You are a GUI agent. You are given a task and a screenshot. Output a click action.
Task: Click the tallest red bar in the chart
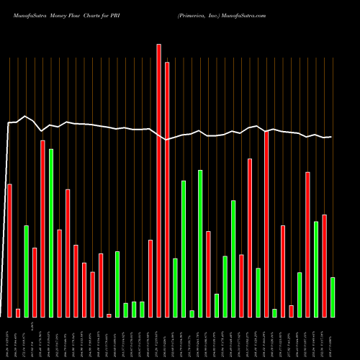coord(159,180)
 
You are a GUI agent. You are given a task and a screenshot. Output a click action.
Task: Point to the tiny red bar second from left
coord(18,312)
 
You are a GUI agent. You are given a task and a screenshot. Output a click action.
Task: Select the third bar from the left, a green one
coord(27,271)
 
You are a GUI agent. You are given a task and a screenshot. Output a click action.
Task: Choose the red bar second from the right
coord(325,266)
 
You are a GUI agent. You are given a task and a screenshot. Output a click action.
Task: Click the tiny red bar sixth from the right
coord(292,311)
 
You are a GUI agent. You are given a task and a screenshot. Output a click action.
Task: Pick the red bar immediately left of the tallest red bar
coord(150,278)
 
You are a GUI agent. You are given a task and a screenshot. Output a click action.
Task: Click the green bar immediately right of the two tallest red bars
coord(175,287)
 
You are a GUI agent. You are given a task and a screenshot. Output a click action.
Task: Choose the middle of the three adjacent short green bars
coord(134,309)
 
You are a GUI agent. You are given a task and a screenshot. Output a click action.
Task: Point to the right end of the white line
coord(330,137)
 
